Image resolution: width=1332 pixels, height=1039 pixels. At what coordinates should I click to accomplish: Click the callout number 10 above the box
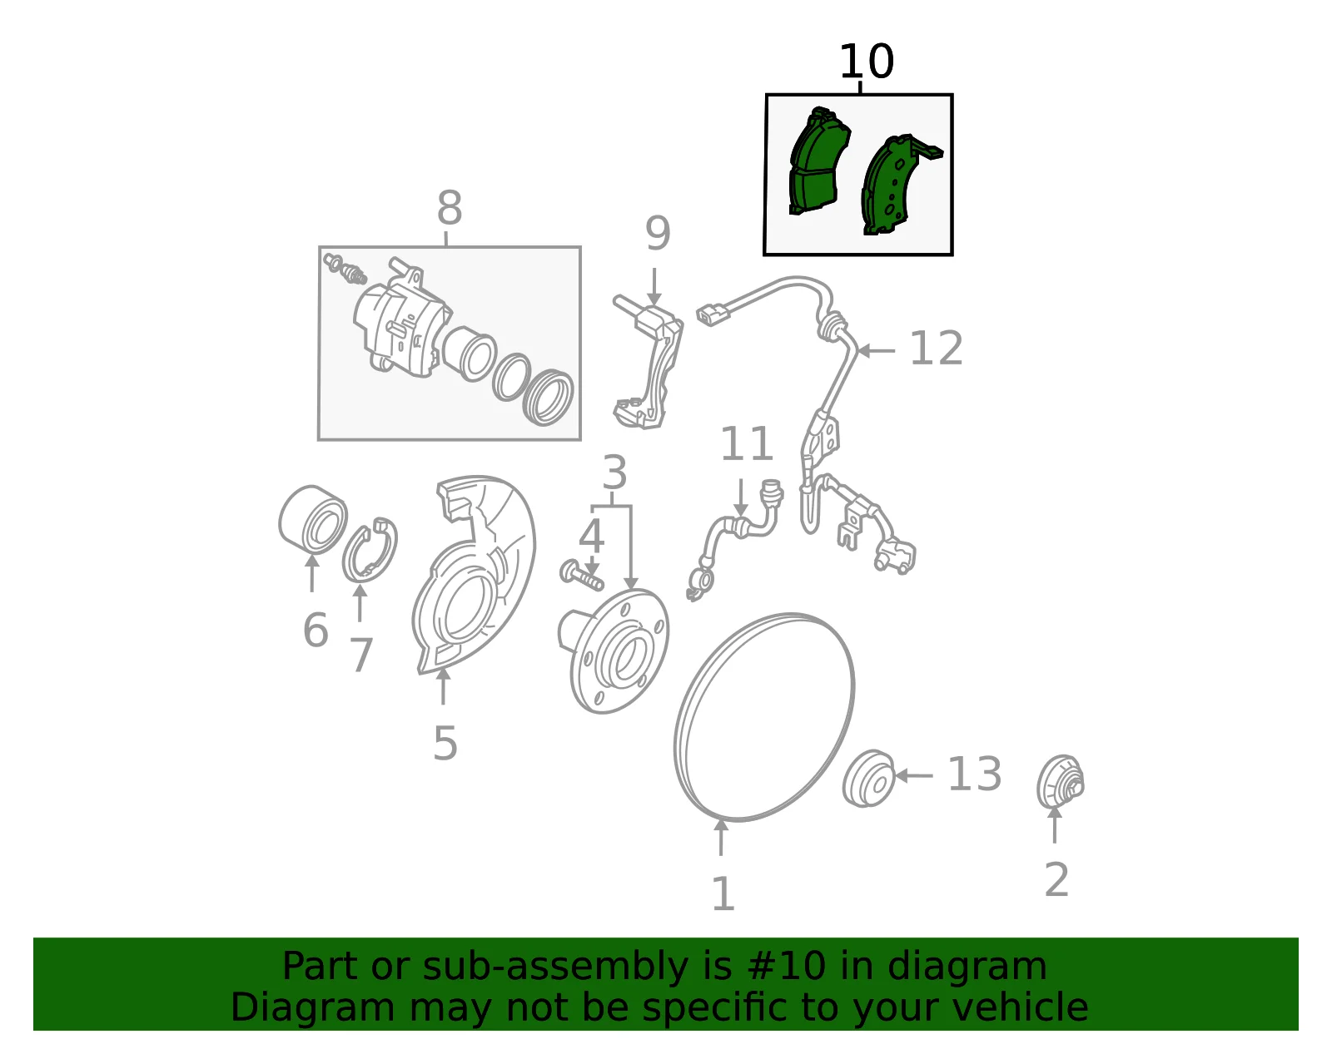click(x=866, y=62)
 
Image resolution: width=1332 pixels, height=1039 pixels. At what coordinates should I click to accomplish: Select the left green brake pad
click(x=818, y=161)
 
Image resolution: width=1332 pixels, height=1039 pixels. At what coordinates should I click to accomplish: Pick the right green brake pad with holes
click(x=898, y=185)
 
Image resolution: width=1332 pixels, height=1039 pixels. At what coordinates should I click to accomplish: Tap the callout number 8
click(x=450, y=208)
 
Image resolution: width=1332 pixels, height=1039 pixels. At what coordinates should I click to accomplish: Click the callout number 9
click(x=658, y=233)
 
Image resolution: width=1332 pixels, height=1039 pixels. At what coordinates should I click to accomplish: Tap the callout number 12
click(x=936, y=349)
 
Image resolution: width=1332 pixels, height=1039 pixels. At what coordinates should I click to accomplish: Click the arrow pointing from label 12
click(x=877, y=351)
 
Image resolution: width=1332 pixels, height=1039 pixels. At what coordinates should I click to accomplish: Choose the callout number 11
click(x=746, y=444)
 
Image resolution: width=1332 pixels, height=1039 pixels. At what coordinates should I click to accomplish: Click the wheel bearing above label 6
click(x=312, y=519)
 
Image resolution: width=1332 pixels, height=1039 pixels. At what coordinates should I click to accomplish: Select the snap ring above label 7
click(x=370, y=551)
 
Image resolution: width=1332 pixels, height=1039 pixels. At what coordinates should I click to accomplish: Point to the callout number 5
click(x=445, y=744)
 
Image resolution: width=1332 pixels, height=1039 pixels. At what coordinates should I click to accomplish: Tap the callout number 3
click(x=614, y=472)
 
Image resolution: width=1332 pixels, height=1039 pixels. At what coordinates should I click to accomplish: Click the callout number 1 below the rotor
click(x=723, y=894)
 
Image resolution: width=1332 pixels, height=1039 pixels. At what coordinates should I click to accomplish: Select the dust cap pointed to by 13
click(x=868, y=779)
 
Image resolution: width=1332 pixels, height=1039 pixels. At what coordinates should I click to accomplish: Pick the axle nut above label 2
click(x=1061, y=783)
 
